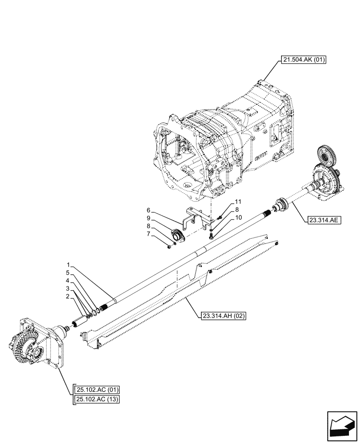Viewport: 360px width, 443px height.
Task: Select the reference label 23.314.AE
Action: (322, 219)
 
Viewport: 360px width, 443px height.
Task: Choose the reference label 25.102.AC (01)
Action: (98, 390)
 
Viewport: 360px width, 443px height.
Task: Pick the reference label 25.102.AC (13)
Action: (98, 399)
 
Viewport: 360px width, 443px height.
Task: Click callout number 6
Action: (149, 210)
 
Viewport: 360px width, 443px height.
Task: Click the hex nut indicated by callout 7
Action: (170, 247)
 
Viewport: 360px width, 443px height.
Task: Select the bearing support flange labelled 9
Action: (178, 234)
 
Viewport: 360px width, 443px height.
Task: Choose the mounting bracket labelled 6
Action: (195, 218)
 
